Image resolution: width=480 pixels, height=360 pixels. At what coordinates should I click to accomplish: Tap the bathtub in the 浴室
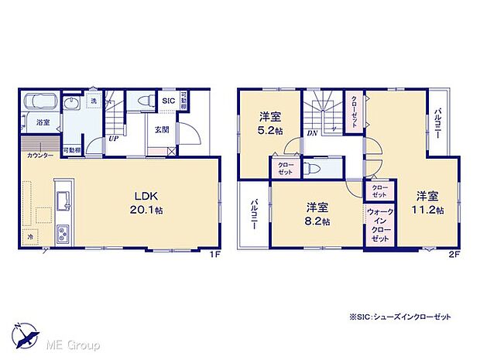40,102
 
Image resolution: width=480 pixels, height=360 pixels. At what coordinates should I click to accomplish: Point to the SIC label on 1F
168,99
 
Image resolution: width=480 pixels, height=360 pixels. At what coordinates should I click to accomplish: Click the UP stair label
114,139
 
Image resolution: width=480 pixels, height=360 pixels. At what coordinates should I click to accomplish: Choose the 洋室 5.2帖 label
269,124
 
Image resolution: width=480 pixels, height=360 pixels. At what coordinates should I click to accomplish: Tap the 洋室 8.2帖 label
317,213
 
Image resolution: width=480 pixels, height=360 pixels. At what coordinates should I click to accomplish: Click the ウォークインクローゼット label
379,225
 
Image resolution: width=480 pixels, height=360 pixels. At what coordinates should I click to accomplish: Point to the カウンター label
40,156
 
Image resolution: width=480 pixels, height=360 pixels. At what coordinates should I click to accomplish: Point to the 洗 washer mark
93,102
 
